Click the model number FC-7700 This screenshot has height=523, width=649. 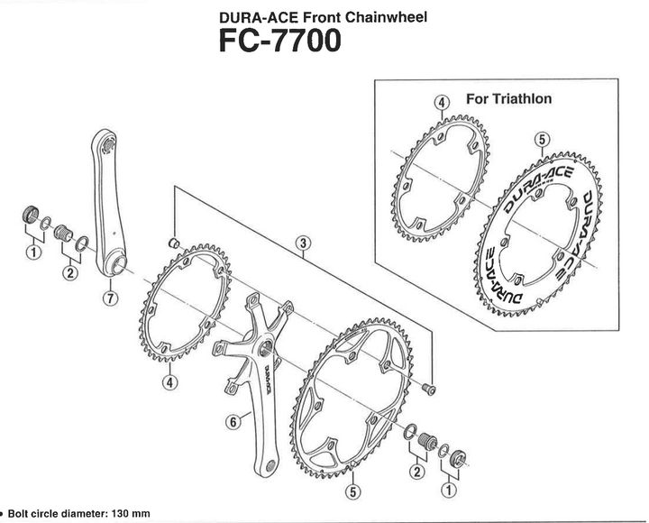click(x=279, y=41)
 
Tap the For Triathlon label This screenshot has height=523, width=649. click(x=508, y=98)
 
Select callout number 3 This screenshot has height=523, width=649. click(x=304, y=243)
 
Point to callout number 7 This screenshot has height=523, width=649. click(x=109, y=299)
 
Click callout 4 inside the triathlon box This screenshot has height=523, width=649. click(x=442, y=103)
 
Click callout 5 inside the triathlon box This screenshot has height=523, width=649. click(x=541, y=138)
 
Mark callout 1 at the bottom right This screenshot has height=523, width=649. click(x=448, y=491)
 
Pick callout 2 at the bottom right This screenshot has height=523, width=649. click(x=416, y=472)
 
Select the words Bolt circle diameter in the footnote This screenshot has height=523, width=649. click(x=56, y=513)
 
